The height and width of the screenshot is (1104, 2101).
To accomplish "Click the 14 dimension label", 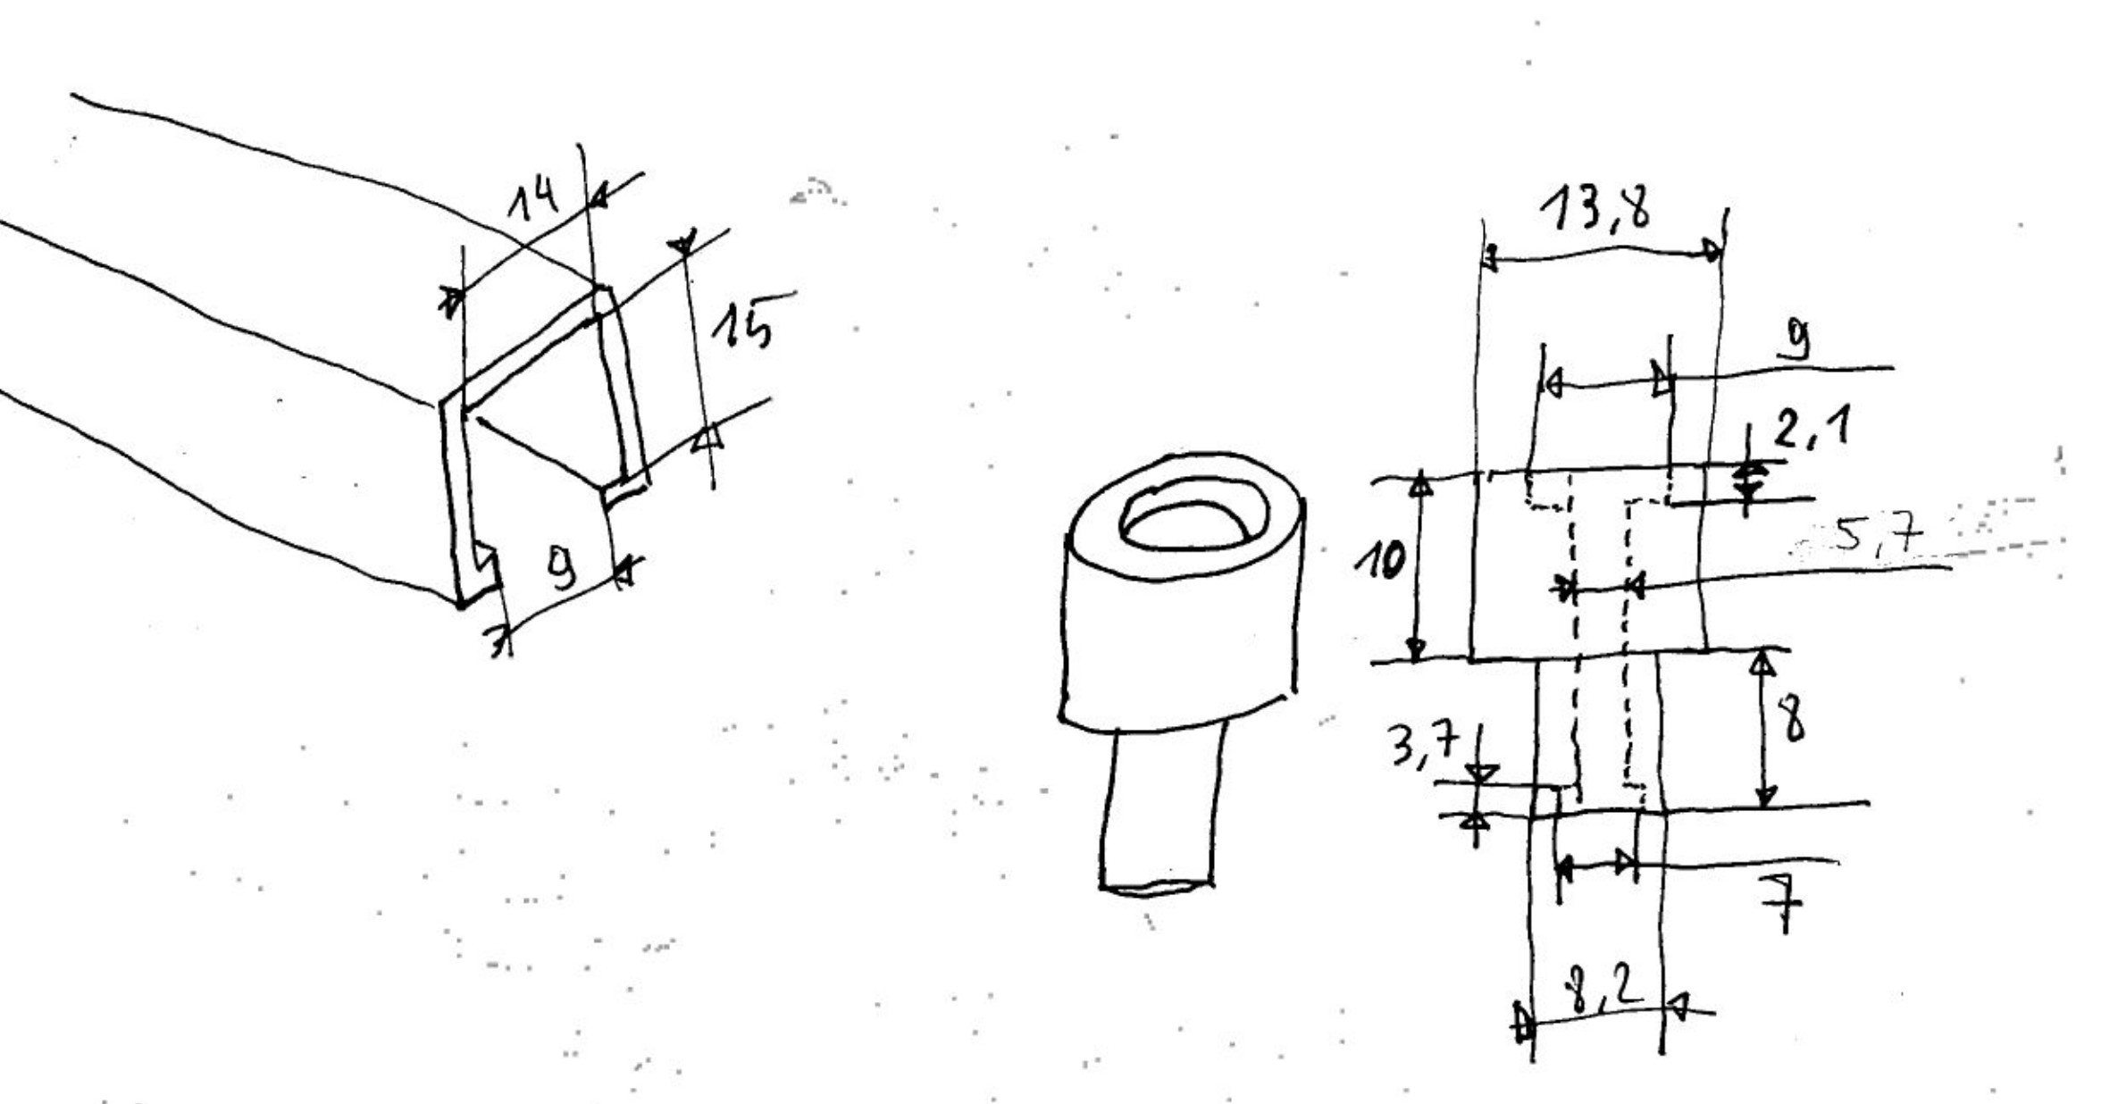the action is point(533,198).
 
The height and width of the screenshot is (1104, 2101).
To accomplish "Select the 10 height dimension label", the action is point(1380,561).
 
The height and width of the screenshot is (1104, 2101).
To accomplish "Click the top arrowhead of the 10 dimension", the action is point(1421,485).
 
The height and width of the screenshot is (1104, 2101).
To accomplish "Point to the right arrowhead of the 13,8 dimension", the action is point(1712,250).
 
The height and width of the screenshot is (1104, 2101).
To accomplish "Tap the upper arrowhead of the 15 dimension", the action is point(683,242).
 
